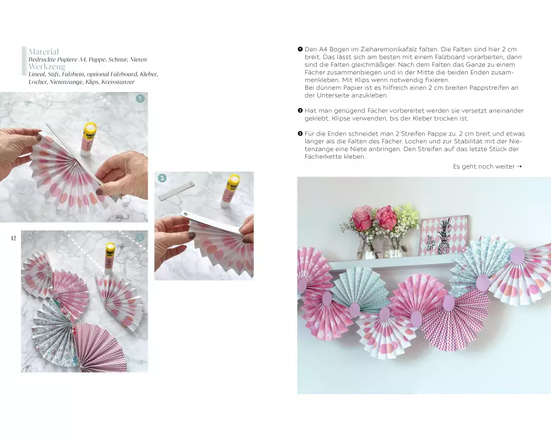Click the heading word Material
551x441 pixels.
tap(44, 52)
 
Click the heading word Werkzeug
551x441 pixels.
tap(47, 67)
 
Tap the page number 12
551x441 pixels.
tap(14, 238)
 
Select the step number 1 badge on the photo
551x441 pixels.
tap(140, 99)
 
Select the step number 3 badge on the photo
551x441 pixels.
tap(162, 178)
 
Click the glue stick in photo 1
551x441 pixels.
tap(89, 139)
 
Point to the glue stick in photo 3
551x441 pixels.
tap(230, 190)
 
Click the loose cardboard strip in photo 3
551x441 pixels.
tap(176, 191)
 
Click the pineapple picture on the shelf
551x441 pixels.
tap(444, 235)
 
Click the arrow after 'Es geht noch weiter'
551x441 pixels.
tap(520, 166)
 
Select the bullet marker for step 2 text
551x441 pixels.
tap(300, 110)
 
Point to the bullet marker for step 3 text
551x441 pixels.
tap(300, 133)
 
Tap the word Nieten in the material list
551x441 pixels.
tap(138, 60)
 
